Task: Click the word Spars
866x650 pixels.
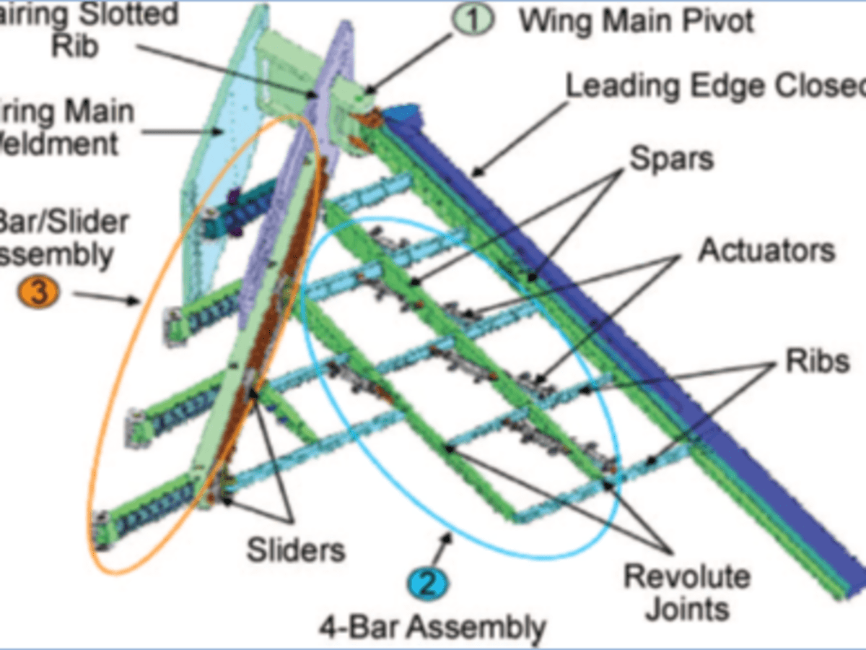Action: coord(671,158)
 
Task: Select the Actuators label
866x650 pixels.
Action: coord(766,251)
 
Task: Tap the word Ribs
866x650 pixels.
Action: coord(818,361)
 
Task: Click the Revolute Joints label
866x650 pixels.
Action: coord(686,593)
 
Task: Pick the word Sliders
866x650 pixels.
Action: coord(296,550)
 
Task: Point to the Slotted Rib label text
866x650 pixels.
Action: coord(94,29)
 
